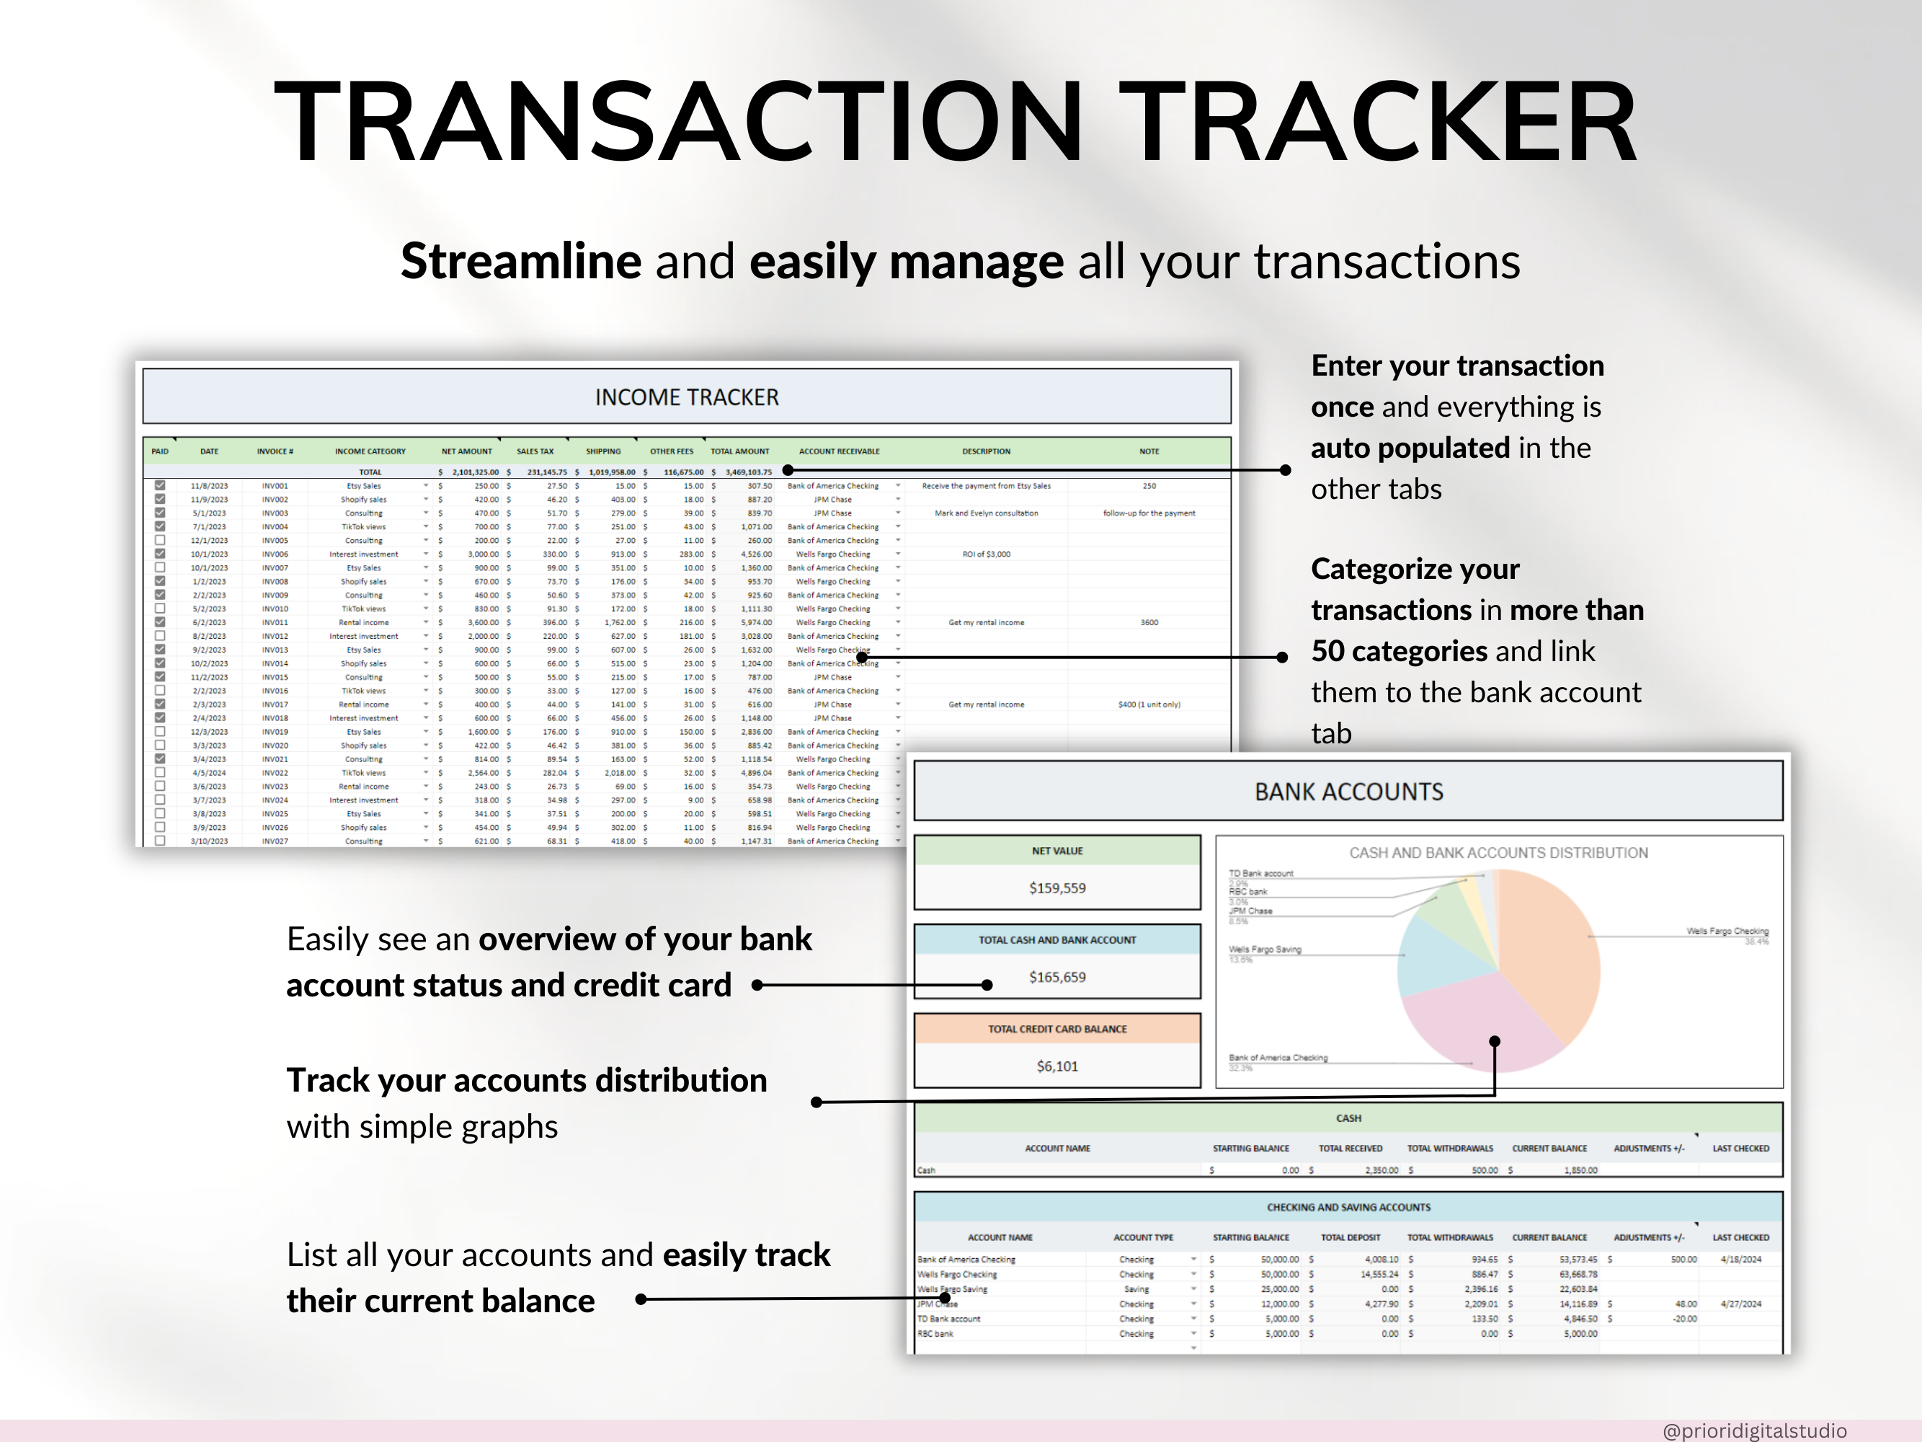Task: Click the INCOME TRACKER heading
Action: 686,397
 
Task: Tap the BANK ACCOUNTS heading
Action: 1348,792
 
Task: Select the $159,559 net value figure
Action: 1056,888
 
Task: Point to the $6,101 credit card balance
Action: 1056,1066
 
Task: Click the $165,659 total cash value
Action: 1056,977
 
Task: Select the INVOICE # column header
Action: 275,451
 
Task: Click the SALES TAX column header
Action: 535,451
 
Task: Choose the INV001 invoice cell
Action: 275,486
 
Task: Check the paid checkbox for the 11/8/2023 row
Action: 160,486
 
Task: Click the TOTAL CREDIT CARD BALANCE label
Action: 1056,1029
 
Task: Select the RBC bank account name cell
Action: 936,1333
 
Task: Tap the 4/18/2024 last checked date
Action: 1740,1260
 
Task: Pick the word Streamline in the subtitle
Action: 520,262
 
